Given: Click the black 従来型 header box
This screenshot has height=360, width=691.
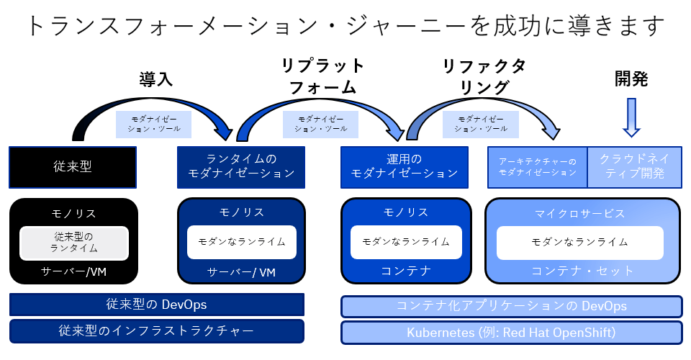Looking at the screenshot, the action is (73, 167).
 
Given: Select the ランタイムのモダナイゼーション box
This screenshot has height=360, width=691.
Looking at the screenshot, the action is (241, 167).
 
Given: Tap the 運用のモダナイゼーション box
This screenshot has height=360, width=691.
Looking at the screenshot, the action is (404, 167).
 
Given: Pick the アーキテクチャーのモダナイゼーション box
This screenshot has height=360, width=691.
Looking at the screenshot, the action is (537, 167).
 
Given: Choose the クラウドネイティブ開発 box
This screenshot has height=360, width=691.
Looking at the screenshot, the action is (635, 167).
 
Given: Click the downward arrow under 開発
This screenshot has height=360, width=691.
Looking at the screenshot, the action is (631, 117).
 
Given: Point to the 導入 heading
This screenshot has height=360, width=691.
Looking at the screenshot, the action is (156, 79).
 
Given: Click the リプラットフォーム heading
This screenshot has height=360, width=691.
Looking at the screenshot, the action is (322, 76).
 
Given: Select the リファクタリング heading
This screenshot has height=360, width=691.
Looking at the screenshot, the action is (484, 76).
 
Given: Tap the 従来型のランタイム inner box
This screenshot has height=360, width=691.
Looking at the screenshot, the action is (74, 243).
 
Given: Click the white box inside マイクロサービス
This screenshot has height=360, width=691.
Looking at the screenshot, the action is (579, 243).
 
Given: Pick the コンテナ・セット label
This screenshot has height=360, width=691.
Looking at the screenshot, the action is (582, 271).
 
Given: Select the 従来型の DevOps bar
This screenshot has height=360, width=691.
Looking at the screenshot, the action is (156, 305).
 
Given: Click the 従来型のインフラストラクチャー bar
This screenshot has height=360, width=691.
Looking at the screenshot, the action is (156, 331).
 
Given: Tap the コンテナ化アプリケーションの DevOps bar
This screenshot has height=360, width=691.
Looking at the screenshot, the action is (512, 306).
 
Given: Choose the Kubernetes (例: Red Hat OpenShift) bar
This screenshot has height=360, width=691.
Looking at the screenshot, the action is (512, 333).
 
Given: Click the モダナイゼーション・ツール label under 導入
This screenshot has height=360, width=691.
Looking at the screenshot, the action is (154, 124).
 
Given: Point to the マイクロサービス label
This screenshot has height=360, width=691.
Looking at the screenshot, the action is (580, 214).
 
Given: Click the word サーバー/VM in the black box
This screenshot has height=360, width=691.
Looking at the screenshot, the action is (73, 272).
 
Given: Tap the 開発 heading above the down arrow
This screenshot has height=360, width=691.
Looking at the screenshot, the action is (631, 79).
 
